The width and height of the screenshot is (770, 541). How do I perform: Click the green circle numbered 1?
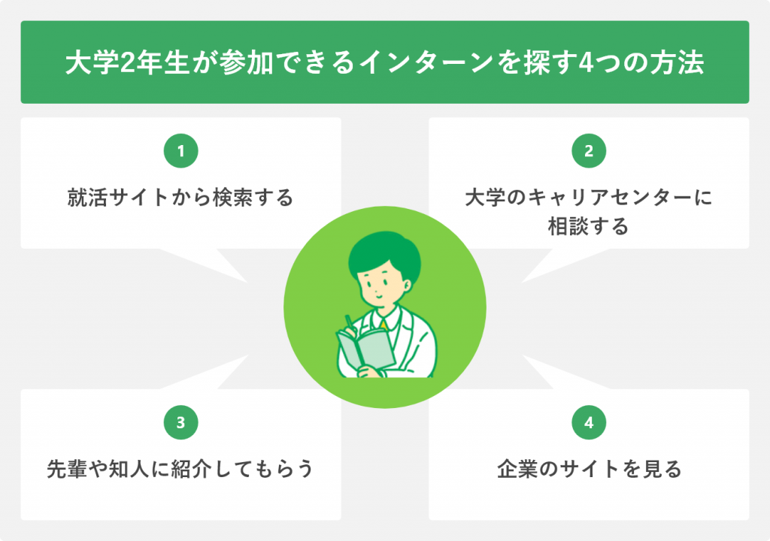click(180, 151)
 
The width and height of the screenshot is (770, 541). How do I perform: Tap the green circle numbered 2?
click(589, 151)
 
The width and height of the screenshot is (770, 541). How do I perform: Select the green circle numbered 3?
click(180, 422)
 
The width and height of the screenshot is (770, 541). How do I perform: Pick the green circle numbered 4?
click(589, 422)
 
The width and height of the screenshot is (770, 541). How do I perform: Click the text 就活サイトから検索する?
click(180, 198)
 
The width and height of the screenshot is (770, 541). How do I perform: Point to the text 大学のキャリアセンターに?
click(589, 198)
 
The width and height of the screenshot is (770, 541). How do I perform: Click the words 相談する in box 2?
click(588, 226)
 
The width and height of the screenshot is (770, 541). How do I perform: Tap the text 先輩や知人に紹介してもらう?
click(180, 469)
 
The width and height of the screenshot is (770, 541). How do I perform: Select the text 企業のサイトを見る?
click(590, 469)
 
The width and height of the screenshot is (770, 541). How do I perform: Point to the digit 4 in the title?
click(586, 63)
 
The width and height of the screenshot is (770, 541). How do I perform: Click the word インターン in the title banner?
click(427, 63)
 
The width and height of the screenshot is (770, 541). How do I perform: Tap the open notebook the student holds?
click(366, 349)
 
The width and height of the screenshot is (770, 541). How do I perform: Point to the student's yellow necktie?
click(383, 325)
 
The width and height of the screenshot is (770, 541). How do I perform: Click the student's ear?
click(407, 286)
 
